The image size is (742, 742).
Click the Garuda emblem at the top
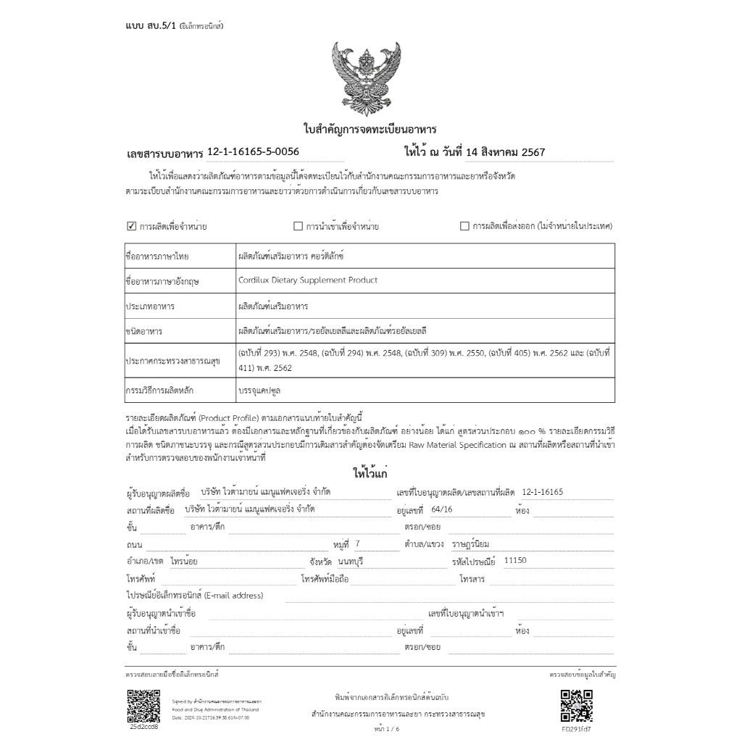click(x=370, y=78)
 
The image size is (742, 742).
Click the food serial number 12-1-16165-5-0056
click(x=253, y=151)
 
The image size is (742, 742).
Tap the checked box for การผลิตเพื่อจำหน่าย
click(x=132, y=226)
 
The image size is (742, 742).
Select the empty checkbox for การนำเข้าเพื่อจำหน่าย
click(x=298, y=226)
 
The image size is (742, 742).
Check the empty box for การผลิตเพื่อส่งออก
click(x=464, y=226)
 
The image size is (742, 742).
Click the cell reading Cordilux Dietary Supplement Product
click(x=307, y=280)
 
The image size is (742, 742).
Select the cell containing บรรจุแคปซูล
click(x=260, y=390)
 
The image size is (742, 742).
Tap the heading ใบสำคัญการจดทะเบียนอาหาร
click(x=370, y=130)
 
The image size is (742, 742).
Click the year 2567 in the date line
click(x=533, y=152)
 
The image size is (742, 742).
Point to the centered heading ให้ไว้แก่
click(x=370, y=474)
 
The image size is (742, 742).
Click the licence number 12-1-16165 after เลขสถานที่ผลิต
click(x=542, y=492)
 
